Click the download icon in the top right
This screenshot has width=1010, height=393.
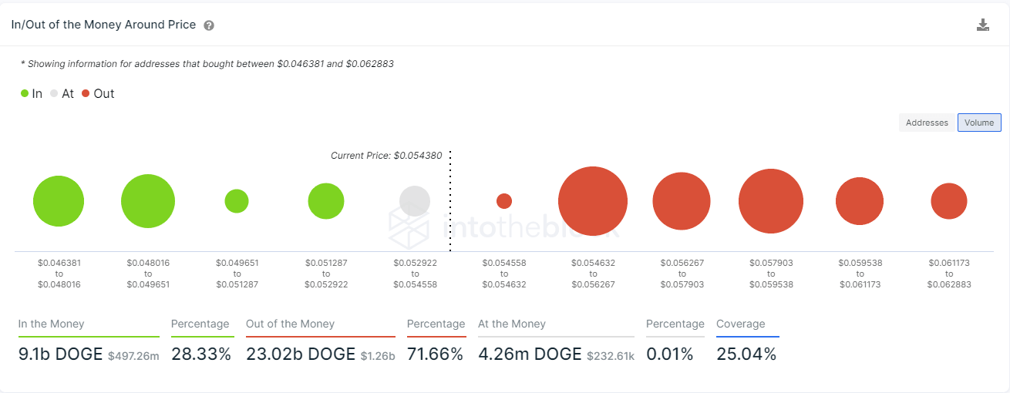983,25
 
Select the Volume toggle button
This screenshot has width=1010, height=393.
979,123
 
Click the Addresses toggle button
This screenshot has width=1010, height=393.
927,123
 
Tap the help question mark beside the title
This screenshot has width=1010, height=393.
209,25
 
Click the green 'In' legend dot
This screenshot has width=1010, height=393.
25,94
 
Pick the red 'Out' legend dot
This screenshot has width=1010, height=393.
86,94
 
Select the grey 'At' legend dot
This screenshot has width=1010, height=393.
54,94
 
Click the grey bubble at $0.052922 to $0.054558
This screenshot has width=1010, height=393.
415,201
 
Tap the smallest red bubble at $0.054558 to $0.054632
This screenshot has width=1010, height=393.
504,201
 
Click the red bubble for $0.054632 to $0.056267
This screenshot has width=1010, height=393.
593,201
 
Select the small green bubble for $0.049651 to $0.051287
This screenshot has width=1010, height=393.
237,201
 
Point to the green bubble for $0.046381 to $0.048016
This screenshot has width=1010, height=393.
59,201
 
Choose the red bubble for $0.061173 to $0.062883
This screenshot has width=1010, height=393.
949,201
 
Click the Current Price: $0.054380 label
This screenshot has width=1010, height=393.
386,156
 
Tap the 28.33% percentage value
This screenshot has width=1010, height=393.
200,354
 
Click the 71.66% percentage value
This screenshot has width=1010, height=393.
435,354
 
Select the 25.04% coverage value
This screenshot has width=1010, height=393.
746,354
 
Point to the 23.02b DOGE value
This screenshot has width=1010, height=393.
301,354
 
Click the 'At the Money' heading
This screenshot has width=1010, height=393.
512,324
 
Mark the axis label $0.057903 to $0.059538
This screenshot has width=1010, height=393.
771,274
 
